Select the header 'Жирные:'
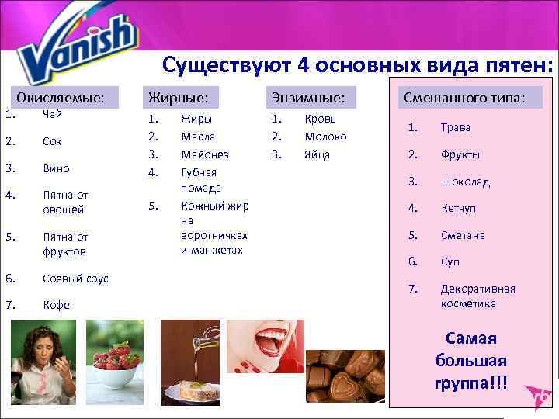click(178, 97)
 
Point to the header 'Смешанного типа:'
click(463, 97)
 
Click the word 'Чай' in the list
click(53, 115)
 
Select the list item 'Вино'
click(57, 168)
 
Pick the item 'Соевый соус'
click(76, 279)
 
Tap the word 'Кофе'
click(57, 305)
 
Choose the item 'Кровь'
click(320, 119)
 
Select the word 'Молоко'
click(325, 137)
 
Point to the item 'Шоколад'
click(466, 182)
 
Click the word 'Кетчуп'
click(459, 209)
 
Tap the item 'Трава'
click(456, 127)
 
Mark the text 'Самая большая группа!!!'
click(470, 361)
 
